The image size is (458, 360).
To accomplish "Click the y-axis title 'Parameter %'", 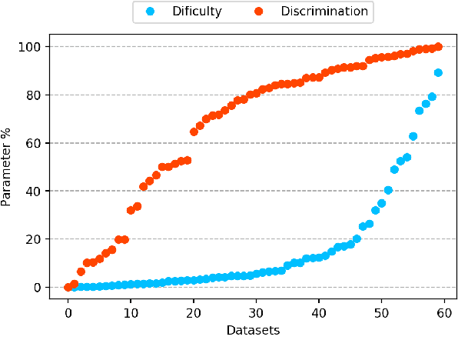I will pos(8,167).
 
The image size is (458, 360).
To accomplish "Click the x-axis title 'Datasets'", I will pos(253,330).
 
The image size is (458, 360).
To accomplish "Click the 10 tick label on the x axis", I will pos(131,312).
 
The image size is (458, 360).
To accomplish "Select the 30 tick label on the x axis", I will pos(256,312).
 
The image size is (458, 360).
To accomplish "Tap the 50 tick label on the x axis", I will pos(381,312).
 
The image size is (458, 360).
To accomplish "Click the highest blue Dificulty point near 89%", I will pos(438,73).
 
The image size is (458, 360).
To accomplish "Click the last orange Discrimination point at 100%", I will pos(438,47).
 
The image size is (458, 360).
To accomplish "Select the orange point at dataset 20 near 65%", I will pos(194,132).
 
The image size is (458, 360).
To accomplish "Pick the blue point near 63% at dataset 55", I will pos(413,136).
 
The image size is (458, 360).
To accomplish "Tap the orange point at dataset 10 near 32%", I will pos(131,210).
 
